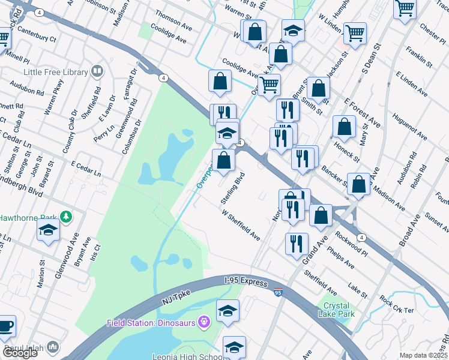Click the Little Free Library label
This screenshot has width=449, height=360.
click(x=55, y=72)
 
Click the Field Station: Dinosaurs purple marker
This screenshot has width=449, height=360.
click(x=204, y=323)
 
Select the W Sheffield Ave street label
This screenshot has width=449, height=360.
click(x=240, y=225)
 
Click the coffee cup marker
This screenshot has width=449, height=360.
click(x=6, y=326)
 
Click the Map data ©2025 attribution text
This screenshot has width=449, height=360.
click(x=423, y=355)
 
